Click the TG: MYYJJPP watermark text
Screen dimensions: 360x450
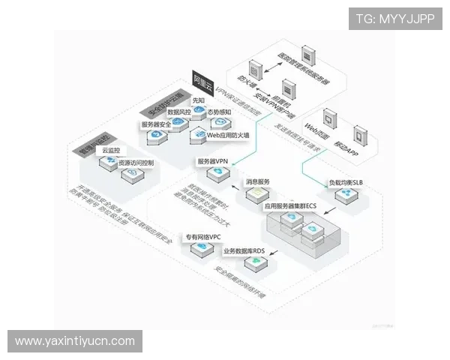pyautogui.click(x=395, y=18)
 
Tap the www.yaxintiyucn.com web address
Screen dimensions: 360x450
pyautogui.click(x=75, y=341)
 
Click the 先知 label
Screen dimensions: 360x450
pyautogui.click(x=198, y=100)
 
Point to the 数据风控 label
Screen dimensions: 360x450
pyautogui.click(x=182, y=112)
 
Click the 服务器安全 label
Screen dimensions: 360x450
pyautogui.click(x=158, y=124)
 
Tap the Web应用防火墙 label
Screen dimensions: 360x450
pyautogui.click(x=228, y=135)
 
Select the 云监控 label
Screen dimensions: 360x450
pyautogui.click(x=111, y=151)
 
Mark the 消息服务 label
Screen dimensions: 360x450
pyautogui.click(x=259, y=182)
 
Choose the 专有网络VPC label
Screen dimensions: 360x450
pyautogui.click(x=203, y=237)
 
